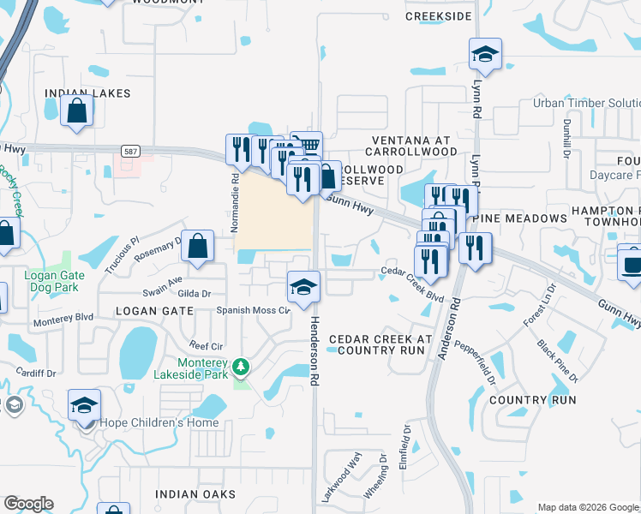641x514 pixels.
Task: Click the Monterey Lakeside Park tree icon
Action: (242, 368)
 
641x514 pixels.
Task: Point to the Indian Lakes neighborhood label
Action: (87, 93)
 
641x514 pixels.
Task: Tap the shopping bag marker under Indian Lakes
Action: (77, 111)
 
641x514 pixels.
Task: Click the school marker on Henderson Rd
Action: (303, 287)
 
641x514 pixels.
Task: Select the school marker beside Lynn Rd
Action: (485, 55)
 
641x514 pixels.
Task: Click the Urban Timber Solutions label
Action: (586, 103)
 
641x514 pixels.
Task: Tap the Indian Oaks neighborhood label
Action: (189, 494)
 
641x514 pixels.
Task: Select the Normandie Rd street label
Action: (234, 194)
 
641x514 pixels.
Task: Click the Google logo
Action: (28, 504)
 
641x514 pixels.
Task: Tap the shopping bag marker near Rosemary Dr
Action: (197, 246)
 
